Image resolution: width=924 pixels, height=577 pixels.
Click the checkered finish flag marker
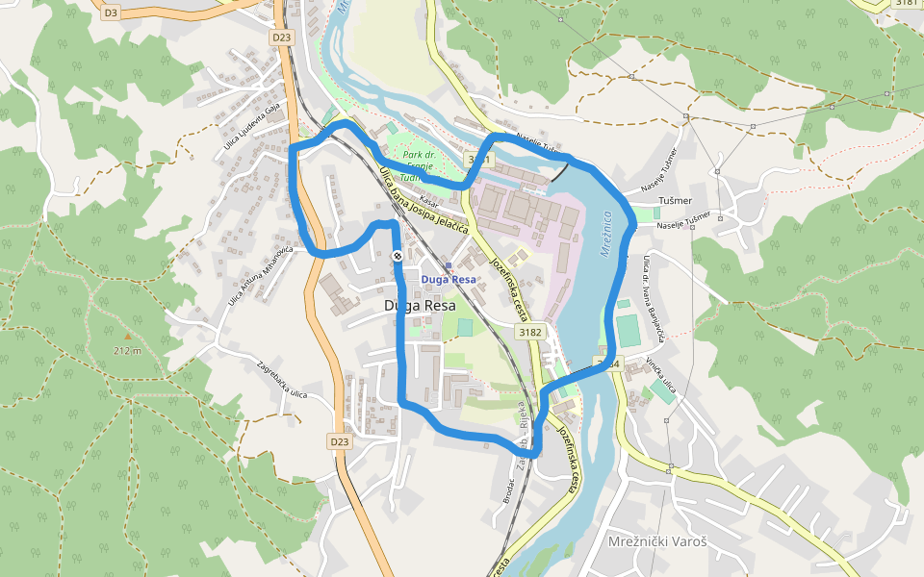(x=397, y=257)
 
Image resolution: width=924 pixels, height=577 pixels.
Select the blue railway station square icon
(x=448, y=264)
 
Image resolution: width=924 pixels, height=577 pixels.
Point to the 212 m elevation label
(x=126, y=350)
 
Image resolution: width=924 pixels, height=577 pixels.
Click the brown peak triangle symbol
(x=126, y=337)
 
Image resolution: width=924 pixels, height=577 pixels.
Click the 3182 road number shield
(x=530, y=332)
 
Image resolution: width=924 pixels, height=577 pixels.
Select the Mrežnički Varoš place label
(x=657, y=541)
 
